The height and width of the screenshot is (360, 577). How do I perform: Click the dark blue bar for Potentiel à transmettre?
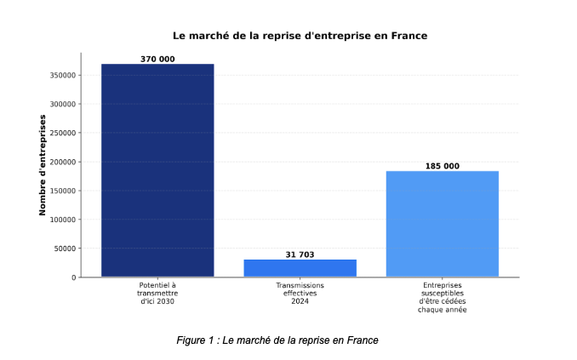[157, 170]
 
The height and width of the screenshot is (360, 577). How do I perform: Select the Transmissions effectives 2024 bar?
[300, 268]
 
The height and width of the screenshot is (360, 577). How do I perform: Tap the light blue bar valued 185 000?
[442, 224]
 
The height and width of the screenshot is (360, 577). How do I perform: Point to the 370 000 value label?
[157, 59]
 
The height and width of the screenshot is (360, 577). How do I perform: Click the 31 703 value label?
[300, 254]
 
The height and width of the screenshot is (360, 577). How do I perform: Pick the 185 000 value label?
[442, 166]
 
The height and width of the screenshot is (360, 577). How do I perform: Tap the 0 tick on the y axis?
[74, 277]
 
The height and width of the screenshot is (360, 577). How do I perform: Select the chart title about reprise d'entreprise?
[300, 36]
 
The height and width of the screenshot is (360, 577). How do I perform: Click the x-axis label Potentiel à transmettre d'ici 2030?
[157, 294]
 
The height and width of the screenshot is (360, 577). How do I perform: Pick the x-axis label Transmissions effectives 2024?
[300, 294]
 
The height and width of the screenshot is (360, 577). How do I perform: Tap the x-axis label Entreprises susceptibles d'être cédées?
[442, 297]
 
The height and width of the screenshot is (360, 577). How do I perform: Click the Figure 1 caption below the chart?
[277, 340]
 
